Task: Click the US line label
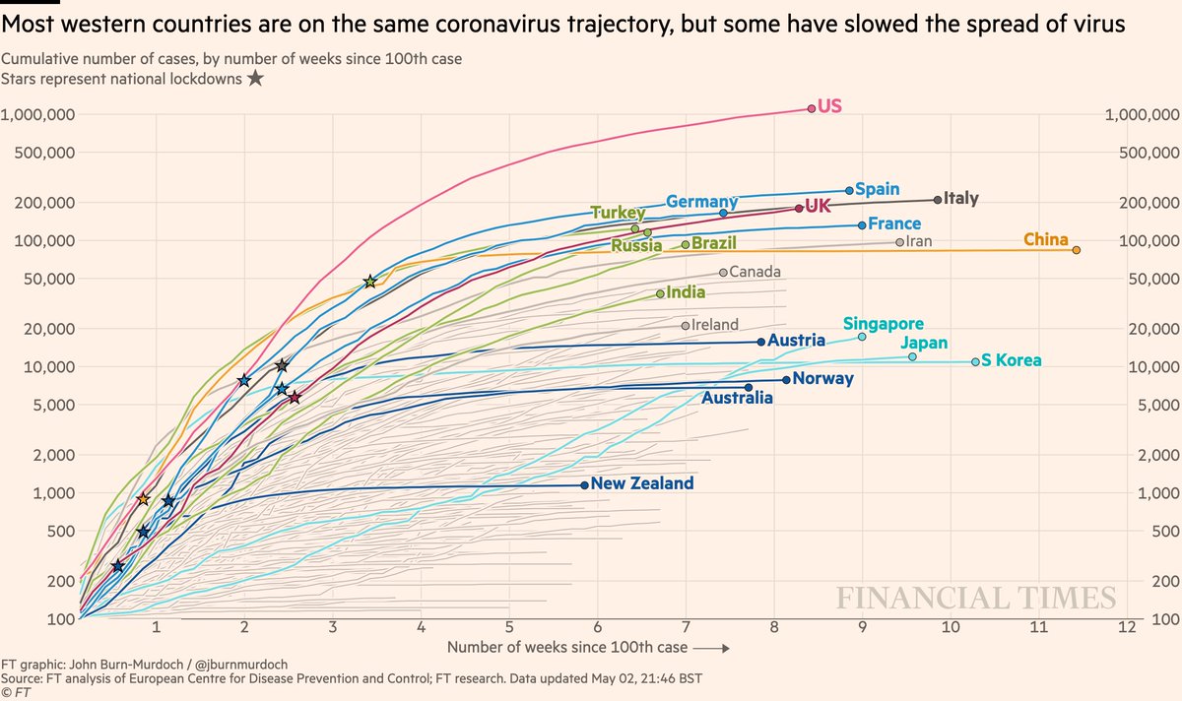[x=829, y=105]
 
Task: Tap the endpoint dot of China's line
[x=1077, y=250]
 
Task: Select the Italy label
[x=960, y=199]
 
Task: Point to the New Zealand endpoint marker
[x=585, y=484]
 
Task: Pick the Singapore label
[x=884, y=323]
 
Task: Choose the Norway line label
[x=822, y=379]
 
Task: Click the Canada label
[x=755, y=272]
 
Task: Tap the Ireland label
[x=715, y=325]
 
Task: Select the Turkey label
[x=618, y=213]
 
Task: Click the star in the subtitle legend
[x=255, y=78]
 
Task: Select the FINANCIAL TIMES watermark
[x=976, y=599]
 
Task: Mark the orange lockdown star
[x=143, y=499]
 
